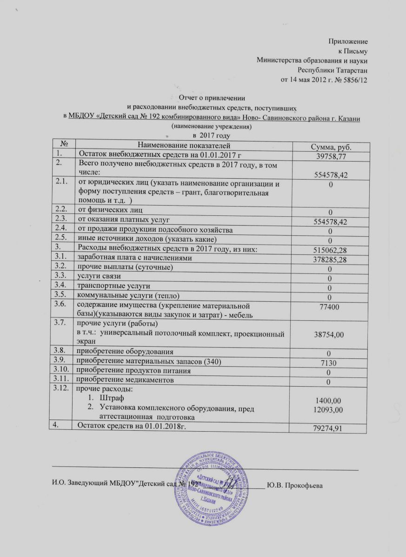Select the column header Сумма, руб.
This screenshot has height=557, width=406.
point(331,147)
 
